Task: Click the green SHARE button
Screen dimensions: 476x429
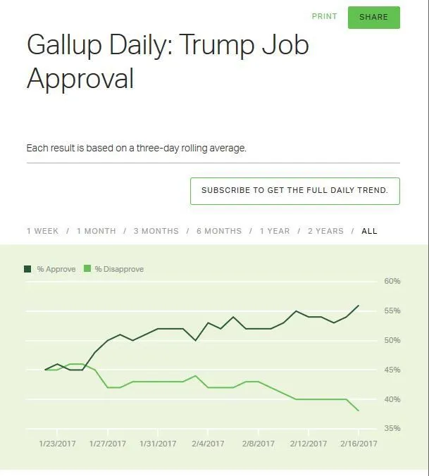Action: click(x=373, y=18)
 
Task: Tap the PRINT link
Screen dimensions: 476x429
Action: click(x=324, y=16)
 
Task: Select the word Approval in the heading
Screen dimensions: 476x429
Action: click(x=80, y=78)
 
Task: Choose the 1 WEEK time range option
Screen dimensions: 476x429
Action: click(x=42, y=231)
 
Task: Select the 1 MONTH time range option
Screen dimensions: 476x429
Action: click(x=96, y=231)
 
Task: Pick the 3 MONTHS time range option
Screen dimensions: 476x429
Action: click(x=156, y=231)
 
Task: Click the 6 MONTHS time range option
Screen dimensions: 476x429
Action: click(x=218, y=231)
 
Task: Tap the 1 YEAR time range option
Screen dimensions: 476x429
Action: click(x=274, y=231)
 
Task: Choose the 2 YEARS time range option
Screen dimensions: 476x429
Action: click(x=325, y=231)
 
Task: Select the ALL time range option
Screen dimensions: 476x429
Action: click(x=369, y=231)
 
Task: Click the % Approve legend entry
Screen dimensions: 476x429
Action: click(x=49, y=269)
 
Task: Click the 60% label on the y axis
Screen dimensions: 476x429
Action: click(x=392, y=281)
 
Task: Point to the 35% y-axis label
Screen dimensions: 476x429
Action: click(x=392, y=428)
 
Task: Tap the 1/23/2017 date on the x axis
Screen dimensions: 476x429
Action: click(x=58, y=444)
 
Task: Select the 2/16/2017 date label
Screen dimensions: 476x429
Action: click(x=359, y=444)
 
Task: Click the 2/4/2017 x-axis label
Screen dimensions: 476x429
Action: click(x=208, y=444)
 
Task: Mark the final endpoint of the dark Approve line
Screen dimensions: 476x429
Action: click(x=359, y=306)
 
